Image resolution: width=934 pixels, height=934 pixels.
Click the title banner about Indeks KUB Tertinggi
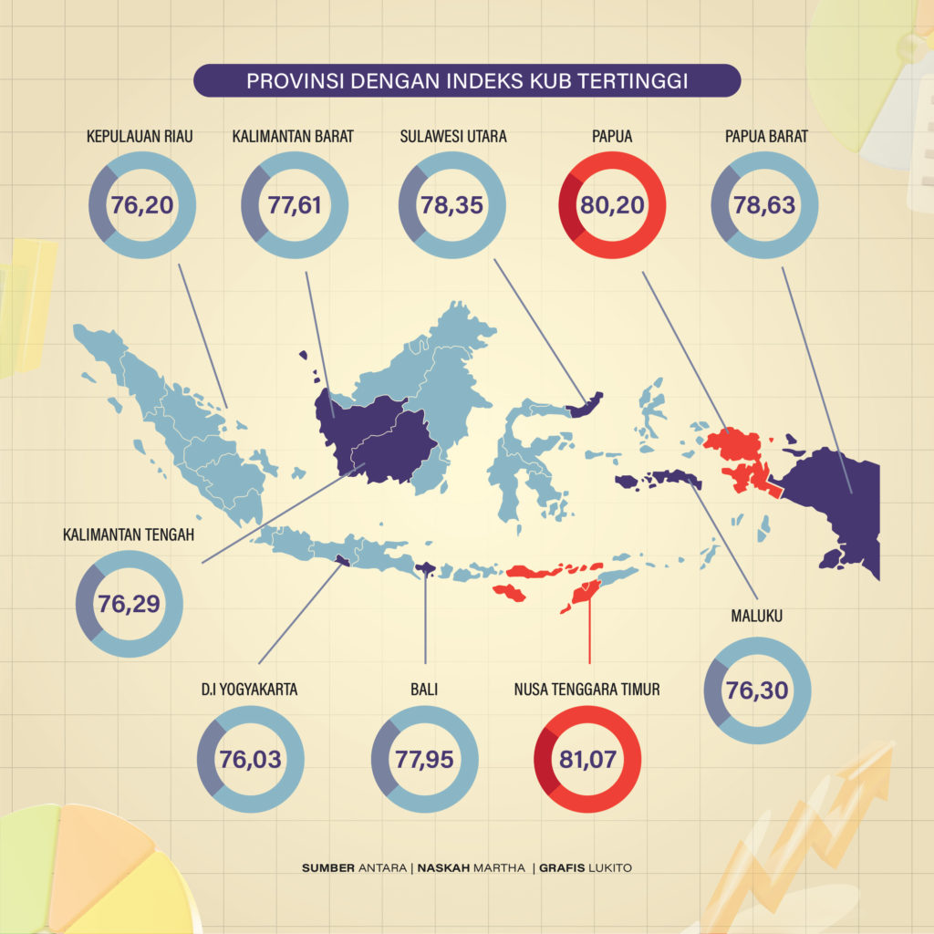(x=466, y=80)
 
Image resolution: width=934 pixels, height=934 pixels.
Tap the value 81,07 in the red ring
(x=587, y=759)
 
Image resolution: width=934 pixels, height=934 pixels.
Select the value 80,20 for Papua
(x=611, y=204)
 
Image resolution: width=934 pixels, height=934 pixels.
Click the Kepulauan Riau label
(x=140, y=137)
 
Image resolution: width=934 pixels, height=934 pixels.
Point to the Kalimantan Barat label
(x=293, y=137)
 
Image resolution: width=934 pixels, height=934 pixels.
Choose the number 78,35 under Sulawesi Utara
(x=453, y=204)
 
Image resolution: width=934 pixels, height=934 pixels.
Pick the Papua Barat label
(x=766, y=137)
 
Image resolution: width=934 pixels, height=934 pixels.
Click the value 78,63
(x=764, y=204)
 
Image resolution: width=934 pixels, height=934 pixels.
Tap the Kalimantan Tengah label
(x=129, y=534)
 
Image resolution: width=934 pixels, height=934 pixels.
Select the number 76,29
(x=130, y=603)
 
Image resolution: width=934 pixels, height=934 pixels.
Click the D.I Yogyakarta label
(x=250, y=690)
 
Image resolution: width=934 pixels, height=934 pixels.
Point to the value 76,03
(x=250, y=759)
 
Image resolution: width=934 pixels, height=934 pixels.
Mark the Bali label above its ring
(x=424, y=690)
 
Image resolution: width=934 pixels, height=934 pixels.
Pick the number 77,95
(x=424, y=759)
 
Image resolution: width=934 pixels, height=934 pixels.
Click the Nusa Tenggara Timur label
(x=586, y=690)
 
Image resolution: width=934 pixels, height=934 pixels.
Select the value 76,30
(x=757, y=690)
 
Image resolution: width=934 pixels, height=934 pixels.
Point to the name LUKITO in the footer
(x=607, y=867)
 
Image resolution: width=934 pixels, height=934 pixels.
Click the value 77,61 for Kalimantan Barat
(x=295, y=204)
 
